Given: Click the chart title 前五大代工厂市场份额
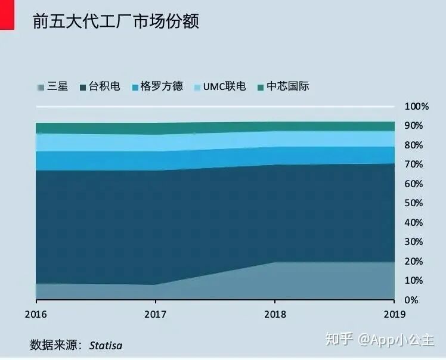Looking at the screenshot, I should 116,21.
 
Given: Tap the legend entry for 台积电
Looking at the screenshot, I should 100,87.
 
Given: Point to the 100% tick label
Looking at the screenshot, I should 417,107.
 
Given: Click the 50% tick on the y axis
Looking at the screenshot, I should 414,203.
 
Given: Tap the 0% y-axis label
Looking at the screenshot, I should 412,300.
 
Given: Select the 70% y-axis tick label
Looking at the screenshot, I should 414,165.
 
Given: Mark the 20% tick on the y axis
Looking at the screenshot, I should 414,261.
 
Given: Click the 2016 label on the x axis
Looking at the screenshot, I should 36,314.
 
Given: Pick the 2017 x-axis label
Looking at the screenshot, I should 155,314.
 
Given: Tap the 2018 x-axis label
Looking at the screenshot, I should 274,314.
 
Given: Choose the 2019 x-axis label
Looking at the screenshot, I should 394,314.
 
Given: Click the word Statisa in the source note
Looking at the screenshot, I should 106,345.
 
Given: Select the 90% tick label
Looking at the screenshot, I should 414,126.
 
